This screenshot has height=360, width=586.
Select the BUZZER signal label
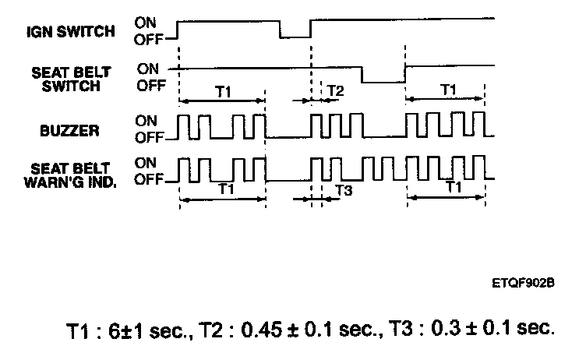pos(69,130)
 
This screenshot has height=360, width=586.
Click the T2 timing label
pos(335,91)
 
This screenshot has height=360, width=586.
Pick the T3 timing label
pos(343,189)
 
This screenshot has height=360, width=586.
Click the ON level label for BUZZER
pos(146,122)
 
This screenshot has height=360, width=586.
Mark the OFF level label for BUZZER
pos(147,138)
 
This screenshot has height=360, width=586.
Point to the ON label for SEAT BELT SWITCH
pos(147,69)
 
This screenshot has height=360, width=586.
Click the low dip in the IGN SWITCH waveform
pos(295,36)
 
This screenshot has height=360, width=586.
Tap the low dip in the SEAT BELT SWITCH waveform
pos(383,81)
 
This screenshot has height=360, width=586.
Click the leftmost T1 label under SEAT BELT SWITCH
pos(223,91)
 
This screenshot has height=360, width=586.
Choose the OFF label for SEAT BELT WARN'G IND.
pos(148,180)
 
